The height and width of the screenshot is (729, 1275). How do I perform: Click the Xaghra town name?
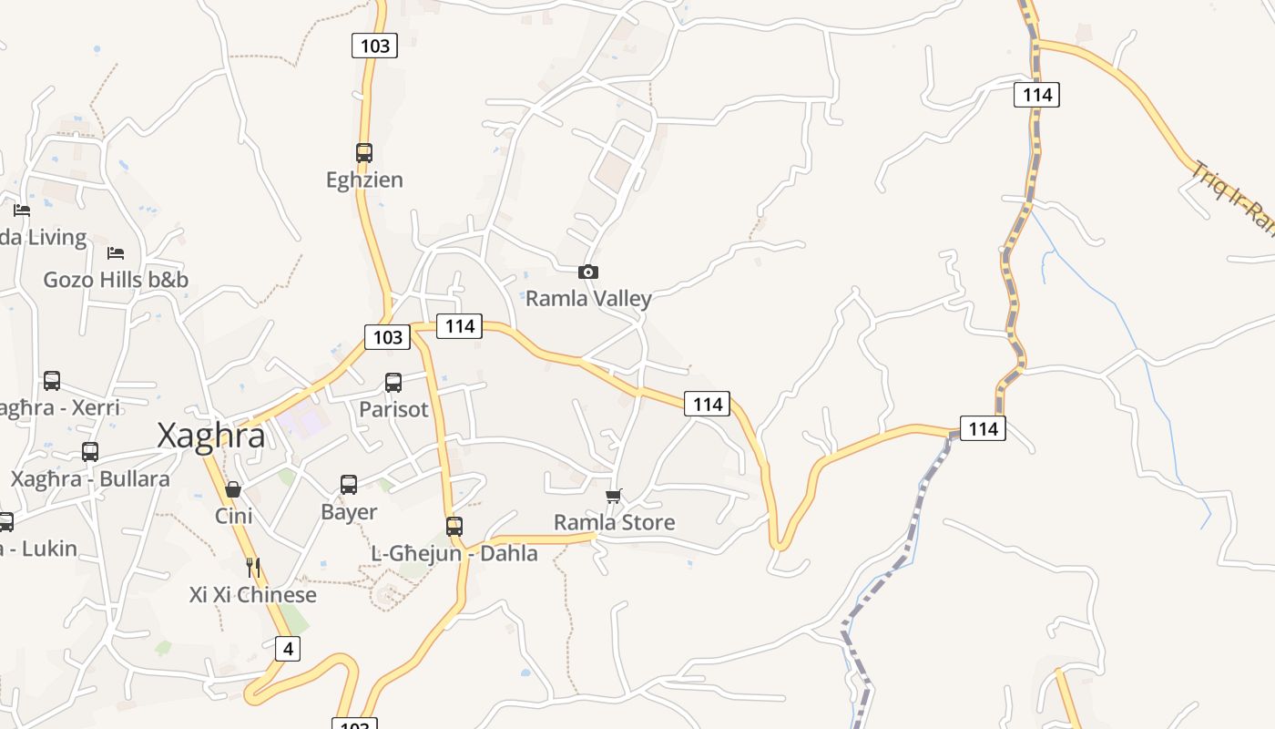(x=211, y=436)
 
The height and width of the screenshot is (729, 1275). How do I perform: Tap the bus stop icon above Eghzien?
(x=364, y=152)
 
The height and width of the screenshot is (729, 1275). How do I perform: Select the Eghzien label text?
(x=364, y=180)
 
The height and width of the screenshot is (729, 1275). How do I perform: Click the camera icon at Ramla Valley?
(x=588, y=272)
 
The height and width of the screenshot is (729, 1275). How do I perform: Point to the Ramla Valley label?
(x=588, y=299)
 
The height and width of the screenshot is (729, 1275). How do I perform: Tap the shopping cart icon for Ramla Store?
(x=614, y=496)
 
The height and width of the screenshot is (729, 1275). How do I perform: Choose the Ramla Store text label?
(x=615, y=522)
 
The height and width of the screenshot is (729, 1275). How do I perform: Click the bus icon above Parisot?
(x=393, y=383)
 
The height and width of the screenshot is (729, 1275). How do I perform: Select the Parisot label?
(x=393, y=409)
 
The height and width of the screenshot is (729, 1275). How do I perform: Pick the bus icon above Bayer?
(x=349, y=485)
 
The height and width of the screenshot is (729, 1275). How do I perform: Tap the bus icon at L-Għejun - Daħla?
(x=454, y=526)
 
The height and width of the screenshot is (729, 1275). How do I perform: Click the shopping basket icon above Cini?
(x=233, y=489)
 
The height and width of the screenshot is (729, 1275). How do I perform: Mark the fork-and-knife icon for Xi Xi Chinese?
(x=253, y=568)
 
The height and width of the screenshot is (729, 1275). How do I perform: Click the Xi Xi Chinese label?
(x=253, y=595)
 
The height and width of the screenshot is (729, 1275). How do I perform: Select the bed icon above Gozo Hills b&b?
(x=116, y=252)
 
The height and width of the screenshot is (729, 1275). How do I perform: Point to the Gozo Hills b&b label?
(x=116, y=279)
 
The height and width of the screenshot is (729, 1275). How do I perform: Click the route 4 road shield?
(x=288, y=649)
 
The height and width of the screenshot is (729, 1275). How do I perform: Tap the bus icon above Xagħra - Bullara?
(x=90, y=451)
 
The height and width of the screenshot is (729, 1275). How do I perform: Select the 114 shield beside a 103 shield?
(x=458, y=325)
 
